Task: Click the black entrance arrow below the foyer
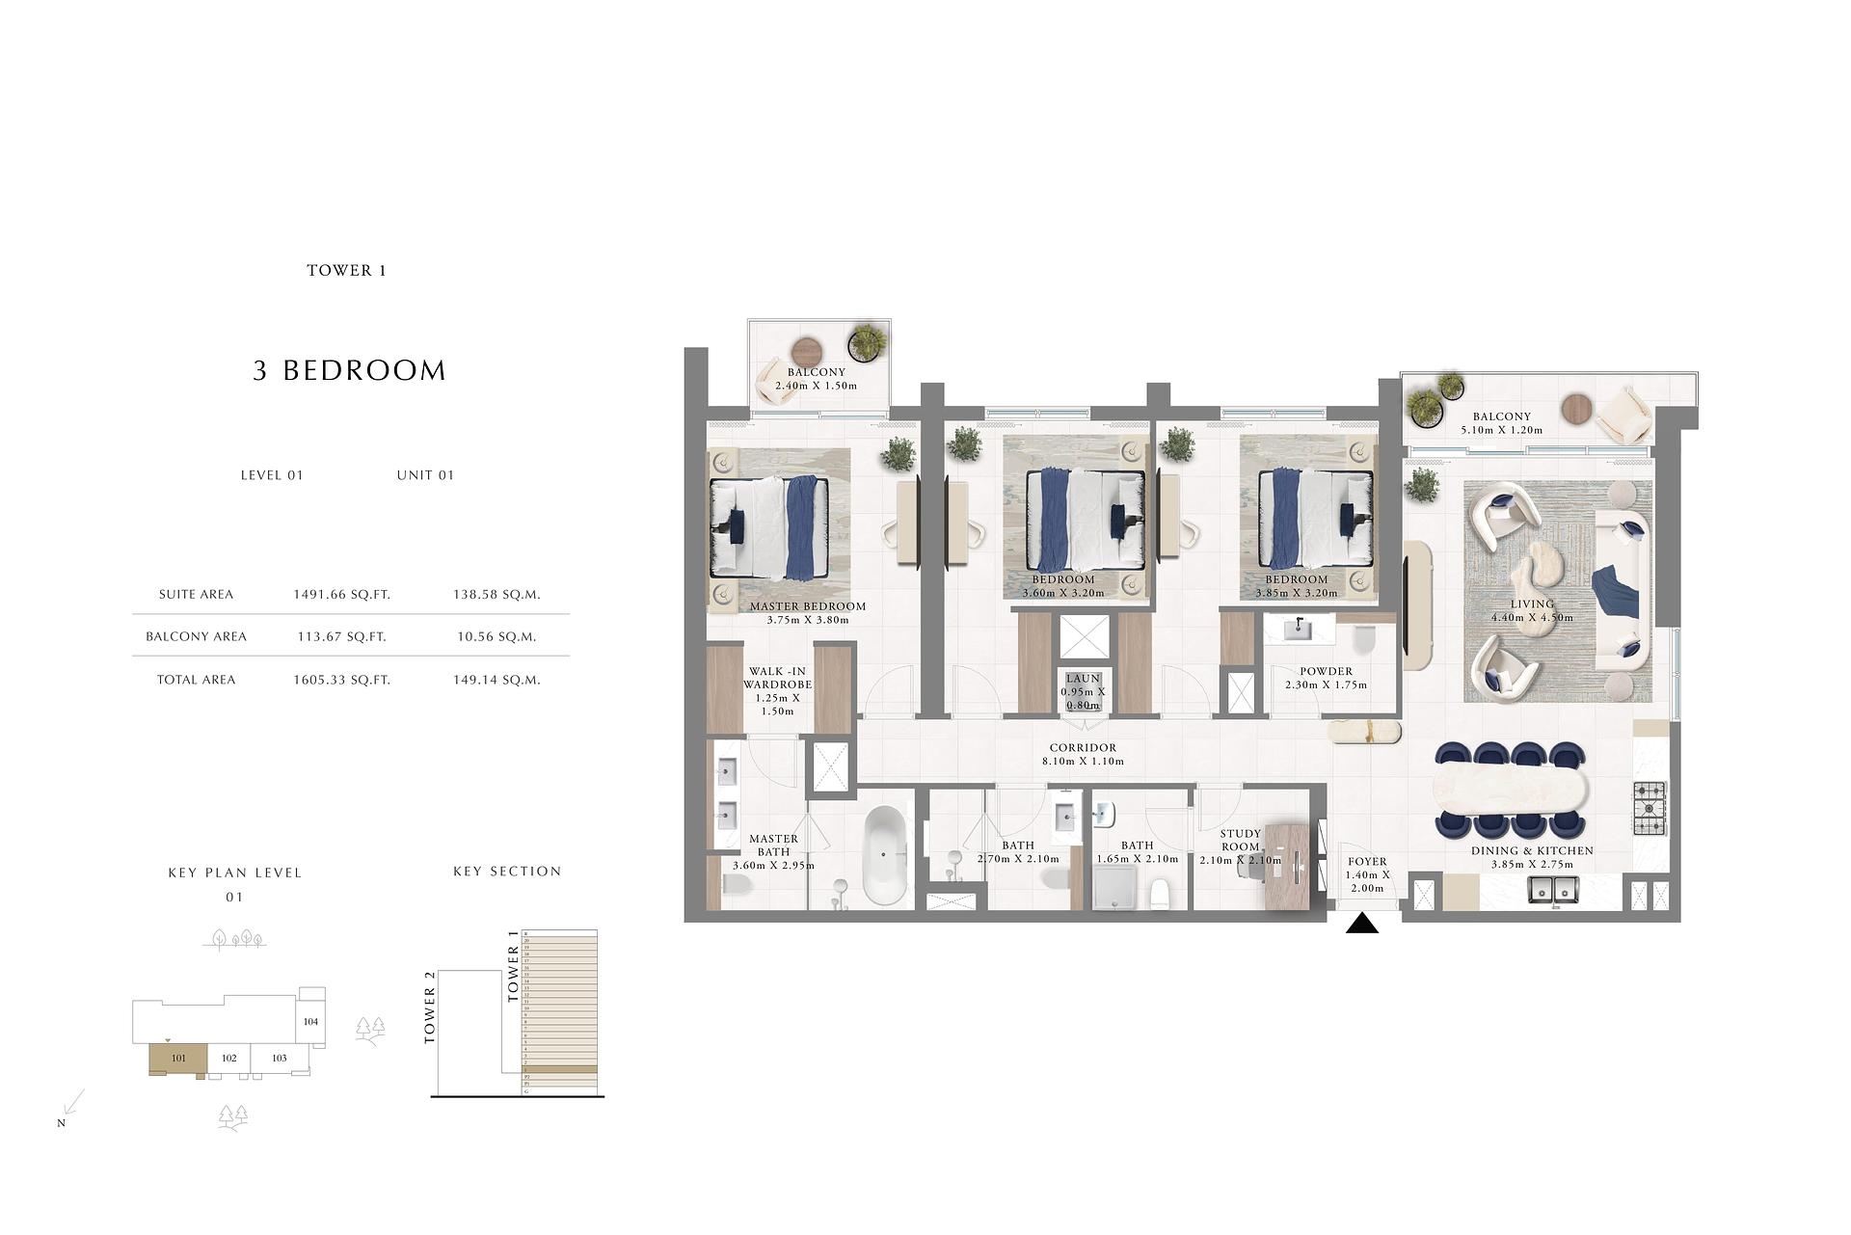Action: (1361, 925)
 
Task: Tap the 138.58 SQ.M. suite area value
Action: (496, 595)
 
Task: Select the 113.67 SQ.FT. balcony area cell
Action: (341, 636)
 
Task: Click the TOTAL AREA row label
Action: (196, 680)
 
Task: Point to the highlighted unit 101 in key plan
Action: (178, 1059)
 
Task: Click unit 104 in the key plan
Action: (310, 1022)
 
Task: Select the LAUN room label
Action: (1083, 679)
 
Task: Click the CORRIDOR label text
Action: (1083, 747)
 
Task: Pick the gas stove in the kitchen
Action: (1649, 808)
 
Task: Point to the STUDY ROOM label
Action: (1240, 840)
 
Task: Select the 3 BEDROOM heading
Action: (349, 370)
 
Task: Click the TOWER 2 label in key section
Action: (430, 1007)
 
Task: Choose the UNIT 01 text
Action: (425, 475)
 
